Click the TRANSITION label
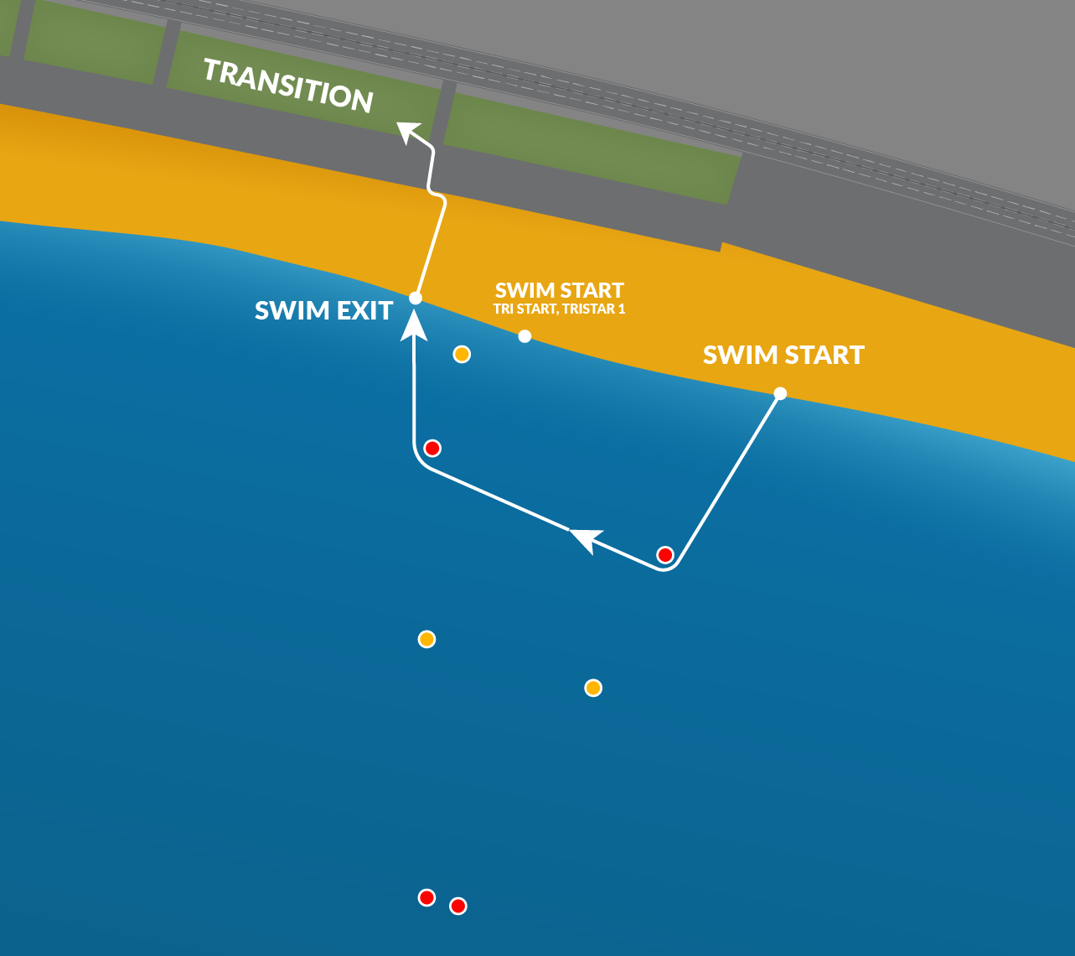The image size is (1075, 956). pos(287,86)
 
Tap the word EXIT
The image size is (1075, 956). pos(362,311)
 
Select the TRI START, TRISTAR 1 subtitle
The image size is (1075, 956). pos(559,309)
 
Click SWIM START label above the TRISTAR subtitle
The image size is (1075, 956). pos(559,290)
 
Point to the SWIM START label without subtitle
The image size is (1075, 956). pos(783,355)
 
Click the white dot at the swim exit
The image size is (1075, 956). pos(415,298)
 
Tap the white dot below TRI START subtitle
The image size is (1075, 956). pos(525,336)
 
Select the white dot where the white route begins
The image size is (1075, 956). pos(780,393)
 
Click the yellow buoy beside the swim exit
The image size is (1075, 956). pos(462,354)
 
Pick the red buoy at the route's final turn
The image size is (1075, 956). pos(432,449)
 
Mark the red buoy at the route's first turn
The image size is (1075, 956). pos(664,554)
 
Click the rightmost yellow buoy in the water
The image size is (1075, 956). pos(593,688)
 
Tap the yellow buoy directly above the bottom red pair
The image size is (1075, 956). pos(426,639)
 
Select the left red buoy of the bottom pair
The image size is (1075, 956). pos(426,897)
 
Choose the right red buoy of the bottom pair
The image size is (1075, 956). pos(457,906)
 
